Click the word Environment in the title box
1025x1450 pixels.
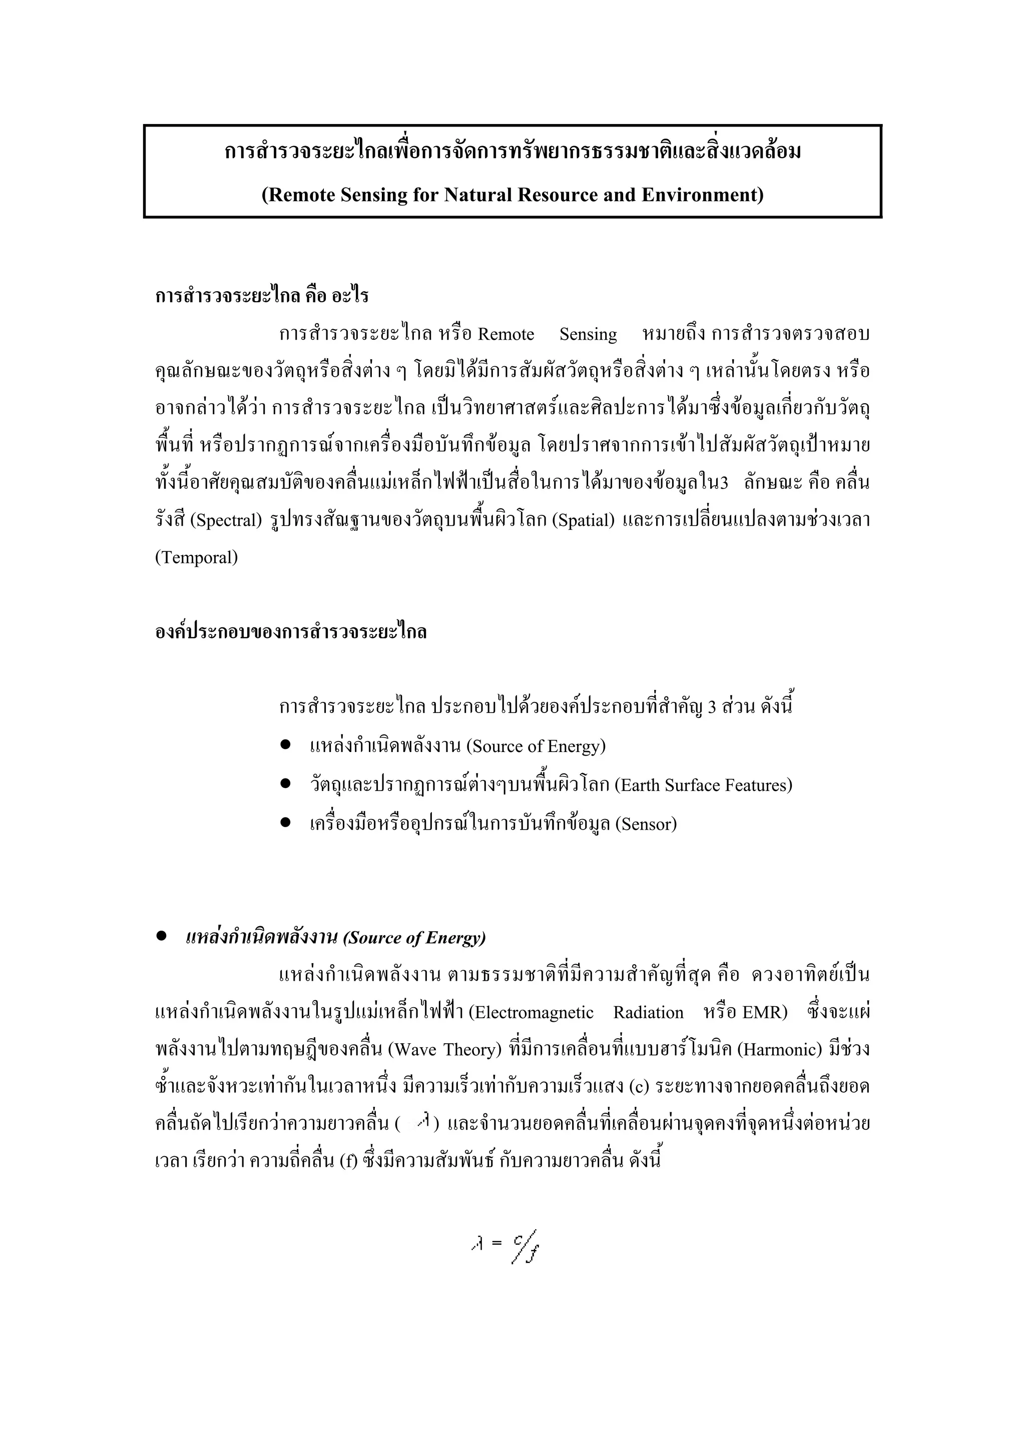[699, 195]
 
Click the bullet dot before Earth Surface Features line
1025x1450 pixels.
[285, 784]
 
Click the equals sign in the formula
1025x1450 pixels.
[496, 1243]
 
